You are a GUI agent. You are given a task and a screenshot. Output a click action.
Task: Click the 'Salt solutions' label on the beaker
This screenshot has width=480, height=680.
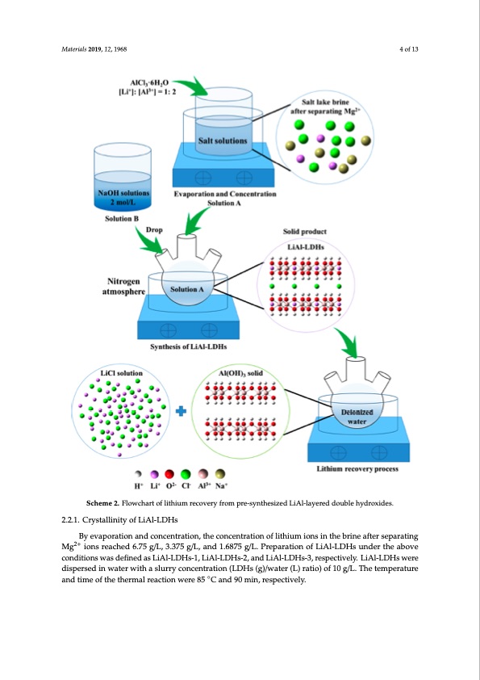coord(223,141)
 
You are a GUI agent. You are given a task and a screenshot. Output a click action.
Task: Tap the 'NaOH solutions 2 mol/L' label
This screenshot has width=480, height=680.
coord(123,198)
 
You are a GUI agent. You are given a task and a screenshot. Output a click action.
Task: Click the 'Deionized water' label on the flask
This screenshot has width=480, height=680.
coord(354,415)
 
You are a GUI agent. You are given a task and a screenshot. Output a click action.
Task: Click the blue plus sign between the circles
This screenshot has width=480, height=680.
coord(181,411)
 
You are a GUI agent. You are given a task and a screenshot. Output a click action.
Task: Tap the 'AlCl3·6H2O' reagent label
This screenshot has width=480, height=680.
coord(145,82)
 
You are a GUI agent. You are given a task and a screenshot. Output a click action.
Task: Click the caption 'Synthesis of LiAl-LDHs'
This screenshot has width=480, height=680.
coord(188,346)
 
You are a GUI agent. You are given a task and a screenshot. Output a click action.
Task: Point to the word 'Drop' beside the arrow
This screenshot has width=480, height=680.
coord(155,230)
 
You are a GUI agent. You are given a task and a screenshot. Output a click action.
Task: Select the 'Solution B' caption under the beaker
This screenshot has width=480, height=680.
coord(123,219)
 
